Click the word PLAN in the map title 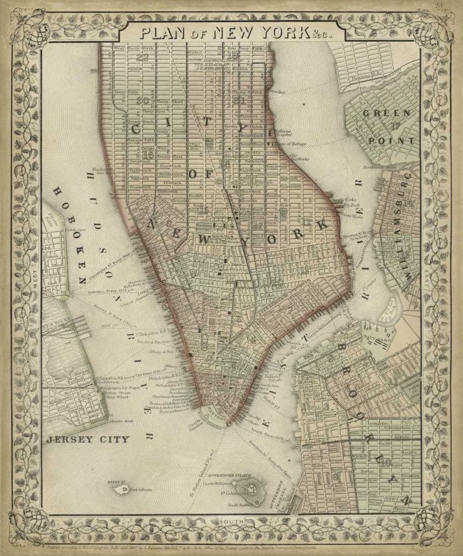point(162,32)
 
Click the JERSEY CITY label point(88,439)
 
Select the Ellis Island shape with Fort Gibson point(121,490)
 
